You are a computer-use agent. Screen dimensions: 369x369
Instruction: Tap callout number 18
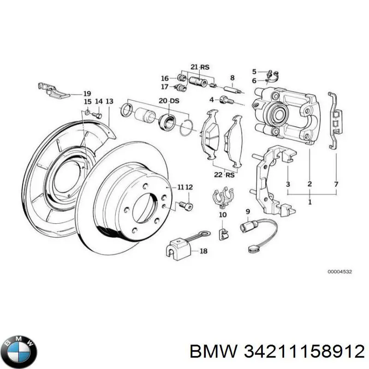coord(203,251)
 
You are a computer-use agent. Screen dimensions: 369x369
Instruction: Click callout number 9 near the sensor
coord(248,212)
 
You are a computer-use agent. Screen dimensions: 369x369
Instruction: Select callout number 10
coord(222,215)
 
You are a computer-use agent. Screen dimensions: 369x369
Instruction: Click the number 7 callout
coord(336,184)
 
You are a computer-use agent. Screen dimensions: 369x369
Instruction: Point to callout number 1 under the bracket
coord(309,202)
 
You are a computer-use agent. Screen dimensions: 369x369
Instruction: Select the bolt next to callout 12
coord(188,204)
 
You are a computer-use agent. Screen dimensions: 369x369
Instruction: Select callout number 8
coord(232,77)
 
